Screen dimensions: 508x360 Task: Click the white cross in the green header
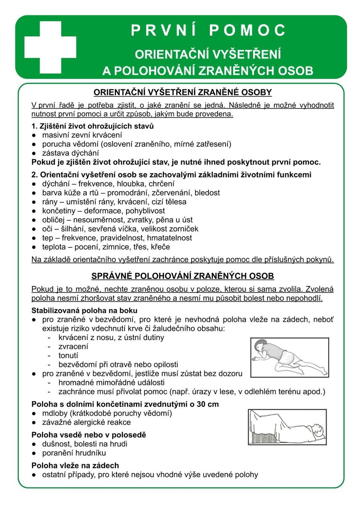(50, 47)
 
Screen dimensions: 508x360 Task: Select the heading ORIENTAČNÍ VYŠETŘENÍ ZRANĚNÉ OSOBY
(182, 93)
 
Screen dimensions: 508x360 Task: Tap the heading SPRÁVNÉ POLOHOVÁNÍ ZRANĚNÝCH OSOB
(182, 276)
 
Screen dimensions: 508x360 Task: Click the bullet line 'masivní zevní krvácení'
(82, 135)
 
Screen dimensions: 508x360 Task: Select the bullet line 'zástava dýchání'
(70, 153)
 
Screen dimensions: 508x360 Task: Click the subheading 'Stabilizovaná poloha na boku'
(84, 311)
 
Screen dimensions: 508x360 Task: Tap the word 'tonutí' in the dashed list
(68, 355)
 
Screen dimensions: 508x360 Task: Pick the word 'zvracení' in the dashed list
(73, 346)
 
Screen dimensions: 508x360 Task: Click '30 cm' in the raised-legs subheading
(208, 404)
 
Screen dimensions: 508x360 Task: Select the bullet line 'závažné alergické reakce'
(86, 422)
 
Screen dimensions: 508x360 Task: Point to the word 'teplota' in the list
(54, 247)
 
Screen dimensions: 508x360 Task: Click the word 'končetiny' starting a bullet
(58, 211)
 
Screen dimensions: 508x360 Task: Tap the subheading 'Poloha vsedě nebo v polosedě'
(88, 435)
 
